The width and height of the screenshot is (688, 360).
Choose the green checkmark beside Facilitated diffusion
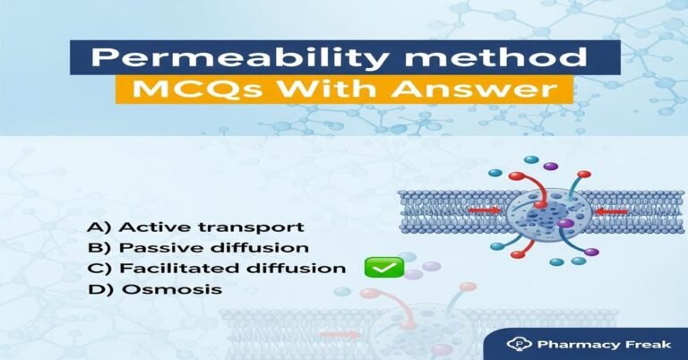click(383, 266)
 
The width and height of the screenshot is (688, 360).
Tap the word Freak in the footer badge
click(630, 343)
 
